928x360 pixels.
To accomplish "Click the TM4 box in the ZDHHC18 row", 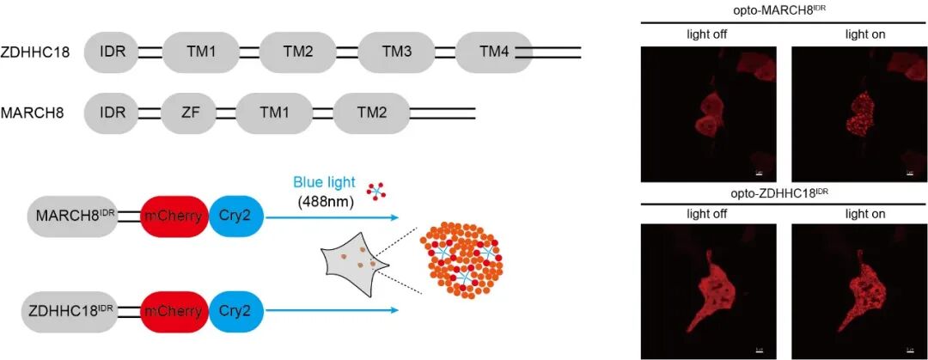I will pyautogui.click(x=494, y=52).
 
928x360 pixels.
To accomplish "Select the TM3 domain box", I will pyautogui.click(x=396, y=52).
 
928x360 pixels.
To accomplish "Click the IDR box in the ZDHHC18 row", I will pyautogui.click(x=112, y=52).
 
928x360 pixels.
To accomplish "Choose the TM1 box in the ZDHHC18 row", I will pyautogui.click(x=199, y=52).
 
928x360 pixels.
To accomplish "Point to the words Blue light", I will pyautogui.click(x=322, y=182).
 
